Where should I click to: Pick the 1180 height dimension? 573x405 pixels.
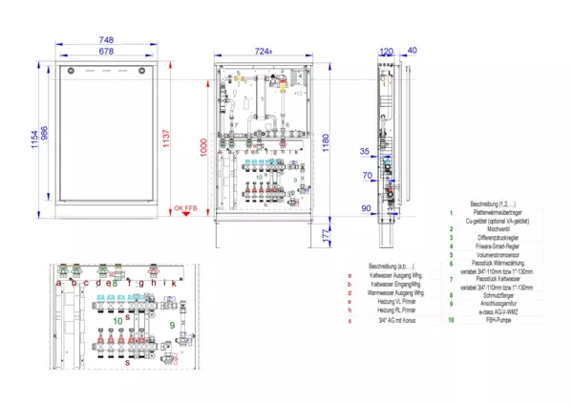tap(326, 139)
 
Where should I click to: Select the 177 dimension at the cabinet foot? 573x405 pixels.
tap(327, 232)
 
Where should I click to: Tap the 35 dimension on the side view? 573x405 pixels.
tap(364, 151)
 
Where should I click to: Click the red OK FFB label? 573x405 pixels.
tap(184, 207)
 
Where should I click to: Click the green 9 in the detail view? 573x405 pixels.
tap(172, 325)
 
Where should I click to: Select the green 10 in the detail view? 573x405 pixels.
tap(117, 321)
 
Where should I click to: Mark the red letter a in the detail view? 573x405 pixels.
tap(59, 282)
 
